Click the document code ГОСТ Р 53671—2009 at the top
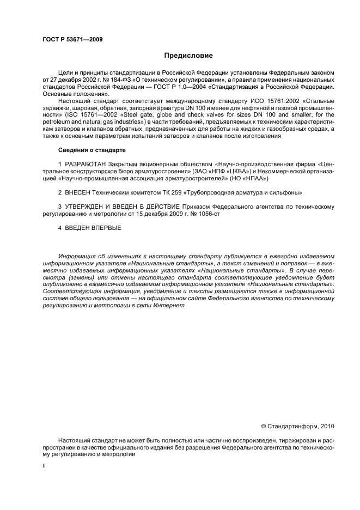[x=72, y=39]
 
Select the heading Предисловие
[x=188, y=56]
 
